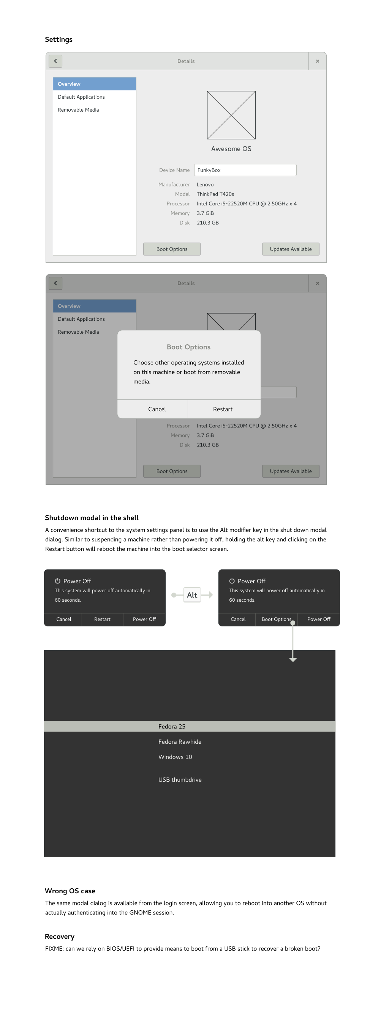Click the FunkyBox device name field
point(245,170)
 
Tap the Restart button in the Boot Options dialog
point(223,409)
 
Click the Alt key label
point(192,595)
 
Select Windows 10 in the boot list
point(175,757)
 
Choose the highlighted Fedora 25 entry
point(172,727)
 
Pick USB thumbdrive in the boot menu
point(180,779)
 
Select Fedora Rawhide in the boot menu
point(180,742)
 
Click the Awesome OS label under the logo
point(231,149)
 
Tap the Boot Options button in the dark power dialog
point(276,619)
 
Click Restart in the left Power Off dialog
point(102,619)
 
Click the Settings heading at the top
point(59,39)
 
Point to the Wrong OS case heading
point(70,891)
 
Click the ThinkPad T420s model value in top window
point(215,194)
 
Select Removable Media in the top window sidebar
point(78,110)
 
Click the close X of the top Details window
point(317,61)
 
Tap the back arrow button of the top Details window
point(55,61)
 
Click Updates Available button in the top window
point(291,249)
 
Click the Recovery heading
point(60,937)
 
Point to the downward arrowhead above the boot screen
point(293,660)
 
